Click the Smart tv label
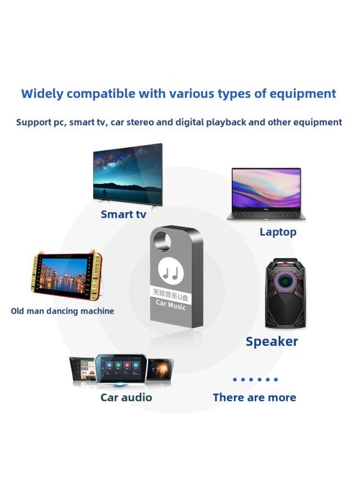(x=123, y=214)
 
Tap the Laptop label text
(x=278, y=232)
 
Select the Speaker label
(x=272, y=342)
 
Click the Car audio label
(x=126, y=397)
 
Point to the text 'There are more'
(x=254, y=397)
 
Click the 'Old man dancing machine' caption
(x=63, y=311)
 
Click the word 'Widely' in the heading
(x=44, y=93)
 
